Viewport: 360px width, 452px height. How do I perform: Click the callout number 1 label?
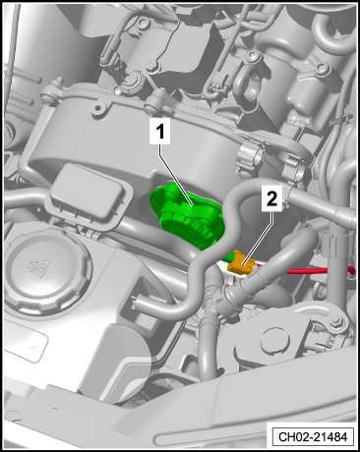(159, 132)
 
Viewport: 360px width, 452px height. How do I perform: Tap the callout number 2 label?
(271, 198)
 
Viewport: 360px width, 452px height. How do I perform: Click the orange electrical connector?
(242, 264)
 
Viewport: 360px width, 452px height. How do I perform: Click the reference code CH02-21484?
(313, 436)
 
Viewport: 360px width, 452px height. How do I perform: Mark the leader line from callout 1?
(176, 176)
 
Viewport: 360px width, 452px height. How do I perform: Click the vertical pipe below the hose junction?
(207, 347)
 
